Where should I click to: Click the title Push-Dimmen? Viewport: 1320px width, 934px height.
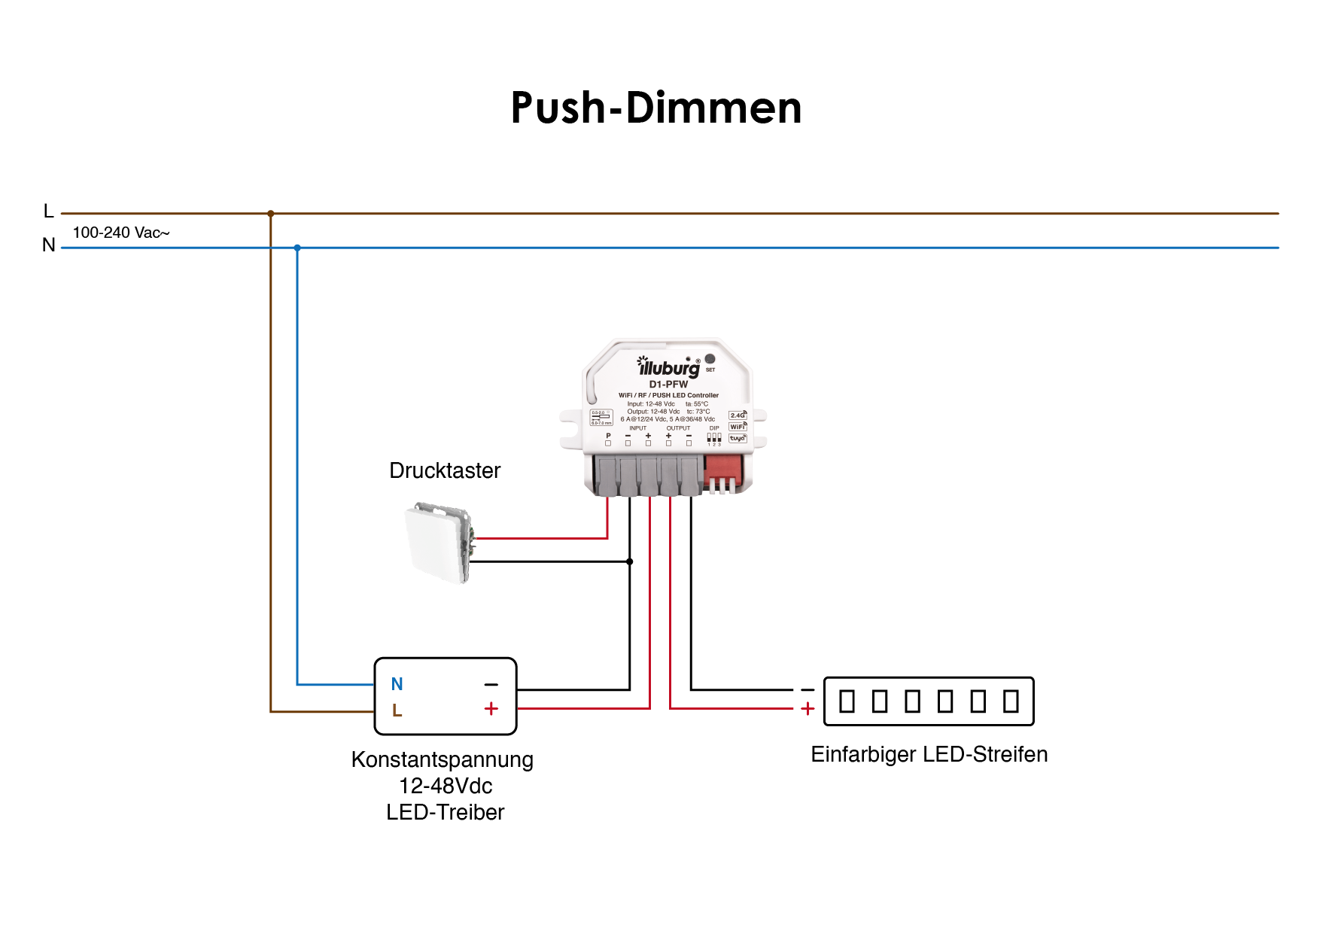coord(655,108)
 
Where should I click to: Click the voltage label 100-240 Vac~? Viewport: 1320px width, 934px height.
coord(121,233)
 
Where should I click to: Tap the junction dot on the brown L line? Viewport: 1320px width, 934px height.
coord(271,214)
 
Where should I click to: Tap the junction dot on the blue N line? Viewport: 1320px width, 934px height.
coord(297,248)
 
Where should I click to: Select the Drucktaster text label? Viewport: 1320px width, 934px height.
coord(445,470)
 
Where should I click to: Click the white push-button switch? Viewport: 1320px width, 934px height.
coord(438,543)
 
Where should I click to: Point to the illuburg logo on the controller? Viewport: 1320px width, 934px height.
coord(668,368)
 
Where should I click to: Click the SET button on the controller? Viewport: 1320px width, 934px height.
coord(710,359)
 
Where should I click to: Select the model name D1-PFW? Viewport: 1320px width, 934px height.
coord(668,385)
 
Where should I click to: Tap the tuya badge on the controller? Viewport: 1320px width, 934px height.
coord(738,438)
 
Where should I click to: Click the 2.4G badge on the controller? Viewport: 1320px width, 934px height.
coord(738,415)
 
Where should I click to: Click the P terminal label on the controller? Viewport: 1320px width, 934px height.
coord(608,436)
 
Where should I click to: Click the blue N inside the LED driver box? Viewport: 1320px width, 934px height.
coord(397,684)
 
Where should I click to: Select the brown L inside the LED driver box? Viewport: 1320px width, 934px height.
coord(397,710)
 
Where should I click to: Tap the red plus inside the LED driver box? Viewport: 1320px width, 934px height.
coord(491,709)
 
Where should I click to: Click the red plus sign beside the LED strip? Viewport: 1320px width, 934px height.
coord(808,709)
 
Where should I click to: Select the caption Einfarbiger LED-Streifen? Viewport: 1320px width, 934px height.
coord(929,754)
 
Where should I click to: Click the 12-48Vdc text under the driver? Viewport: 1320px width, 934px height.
coord(446,786)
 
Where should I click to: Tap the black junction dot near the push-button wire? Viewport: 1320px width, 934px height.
coord(630,561)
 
